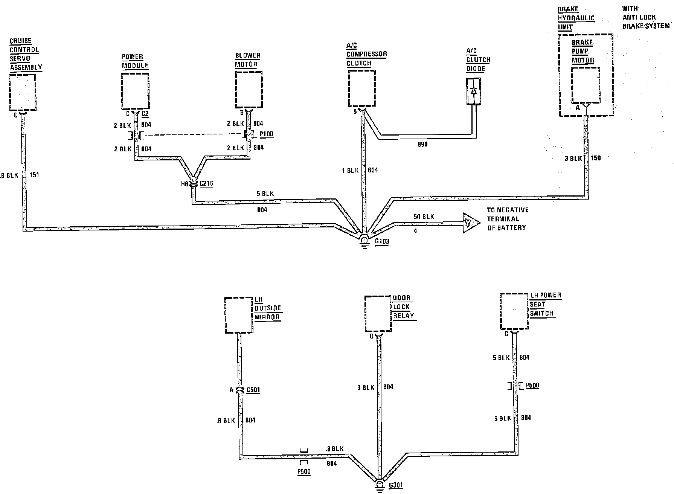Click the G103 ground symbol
click(364, 241)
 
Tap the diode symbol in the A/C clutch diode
click(474, 91)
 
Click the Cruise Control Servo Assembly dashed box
click(23, 92)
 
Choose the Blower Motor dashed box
click(249, 89)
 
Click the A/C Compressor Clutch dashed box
click(361, 89)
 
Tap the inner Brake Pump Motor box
click(586, 85)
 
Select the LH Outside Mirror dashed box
click(238, 315)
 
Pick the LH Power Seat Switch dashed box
click(514, 311)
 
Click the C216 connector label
click(206, 184)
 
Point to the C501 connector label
click(253, 390)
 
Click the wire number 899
click(422, 144)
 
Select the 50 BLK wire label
click(424, 217)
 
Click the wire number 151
click(34, 175)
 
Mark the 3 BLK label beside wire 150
click(573, 159)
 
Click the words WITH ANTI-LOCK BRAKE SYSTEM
click(645, 17)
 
